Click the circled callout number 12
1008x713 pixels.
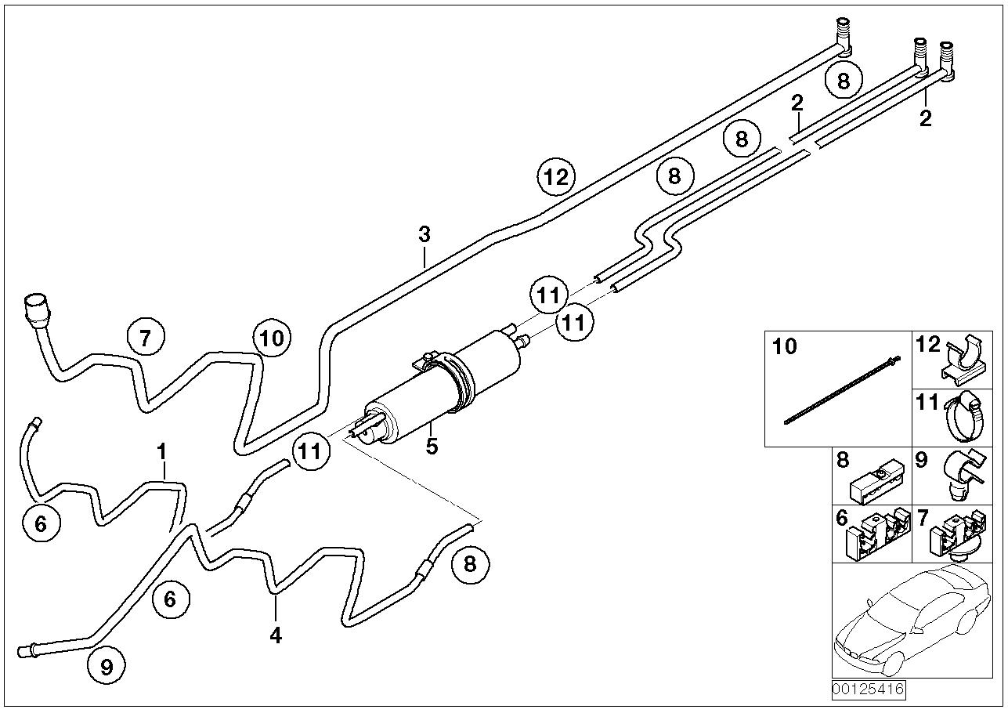pos(556,176)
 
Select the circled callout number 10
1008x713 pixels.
pos(271,338)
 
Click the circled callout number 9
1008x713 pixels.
pos(107,665)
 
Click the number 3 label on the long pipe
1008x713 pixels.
pos(424,233)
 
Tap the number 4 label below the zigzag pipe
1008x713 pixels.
pos(275,635)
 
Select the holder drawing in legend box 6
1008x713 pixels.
pos(877,535)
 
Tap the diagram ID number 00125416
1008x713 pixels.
pos(868,689)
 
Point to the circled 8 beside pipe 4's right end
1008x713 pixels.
pos(470,563)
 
